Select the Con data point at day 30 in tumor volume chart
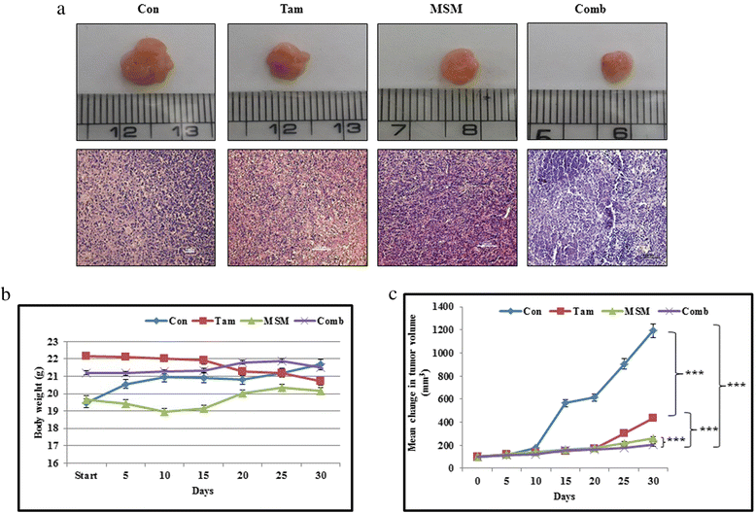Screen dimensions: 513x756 coord(653,330)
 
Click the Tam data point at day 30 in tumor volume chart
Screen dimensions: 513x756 coord(653,418)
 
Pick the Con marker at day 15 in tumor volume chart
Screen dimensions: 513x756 coord(566,402)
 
